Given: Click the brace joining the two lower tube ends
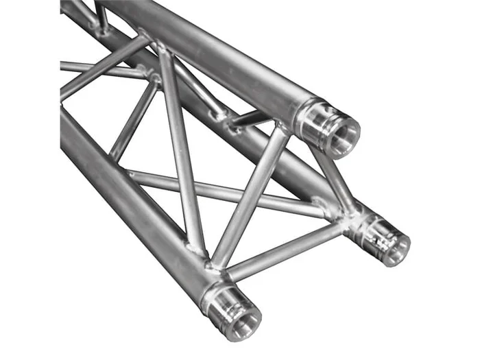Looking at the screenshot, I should pyautogui.click(x=288, y=250).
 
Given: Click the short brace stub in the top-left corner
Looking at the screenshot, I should pyautogui.click(x=101, y=17).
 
